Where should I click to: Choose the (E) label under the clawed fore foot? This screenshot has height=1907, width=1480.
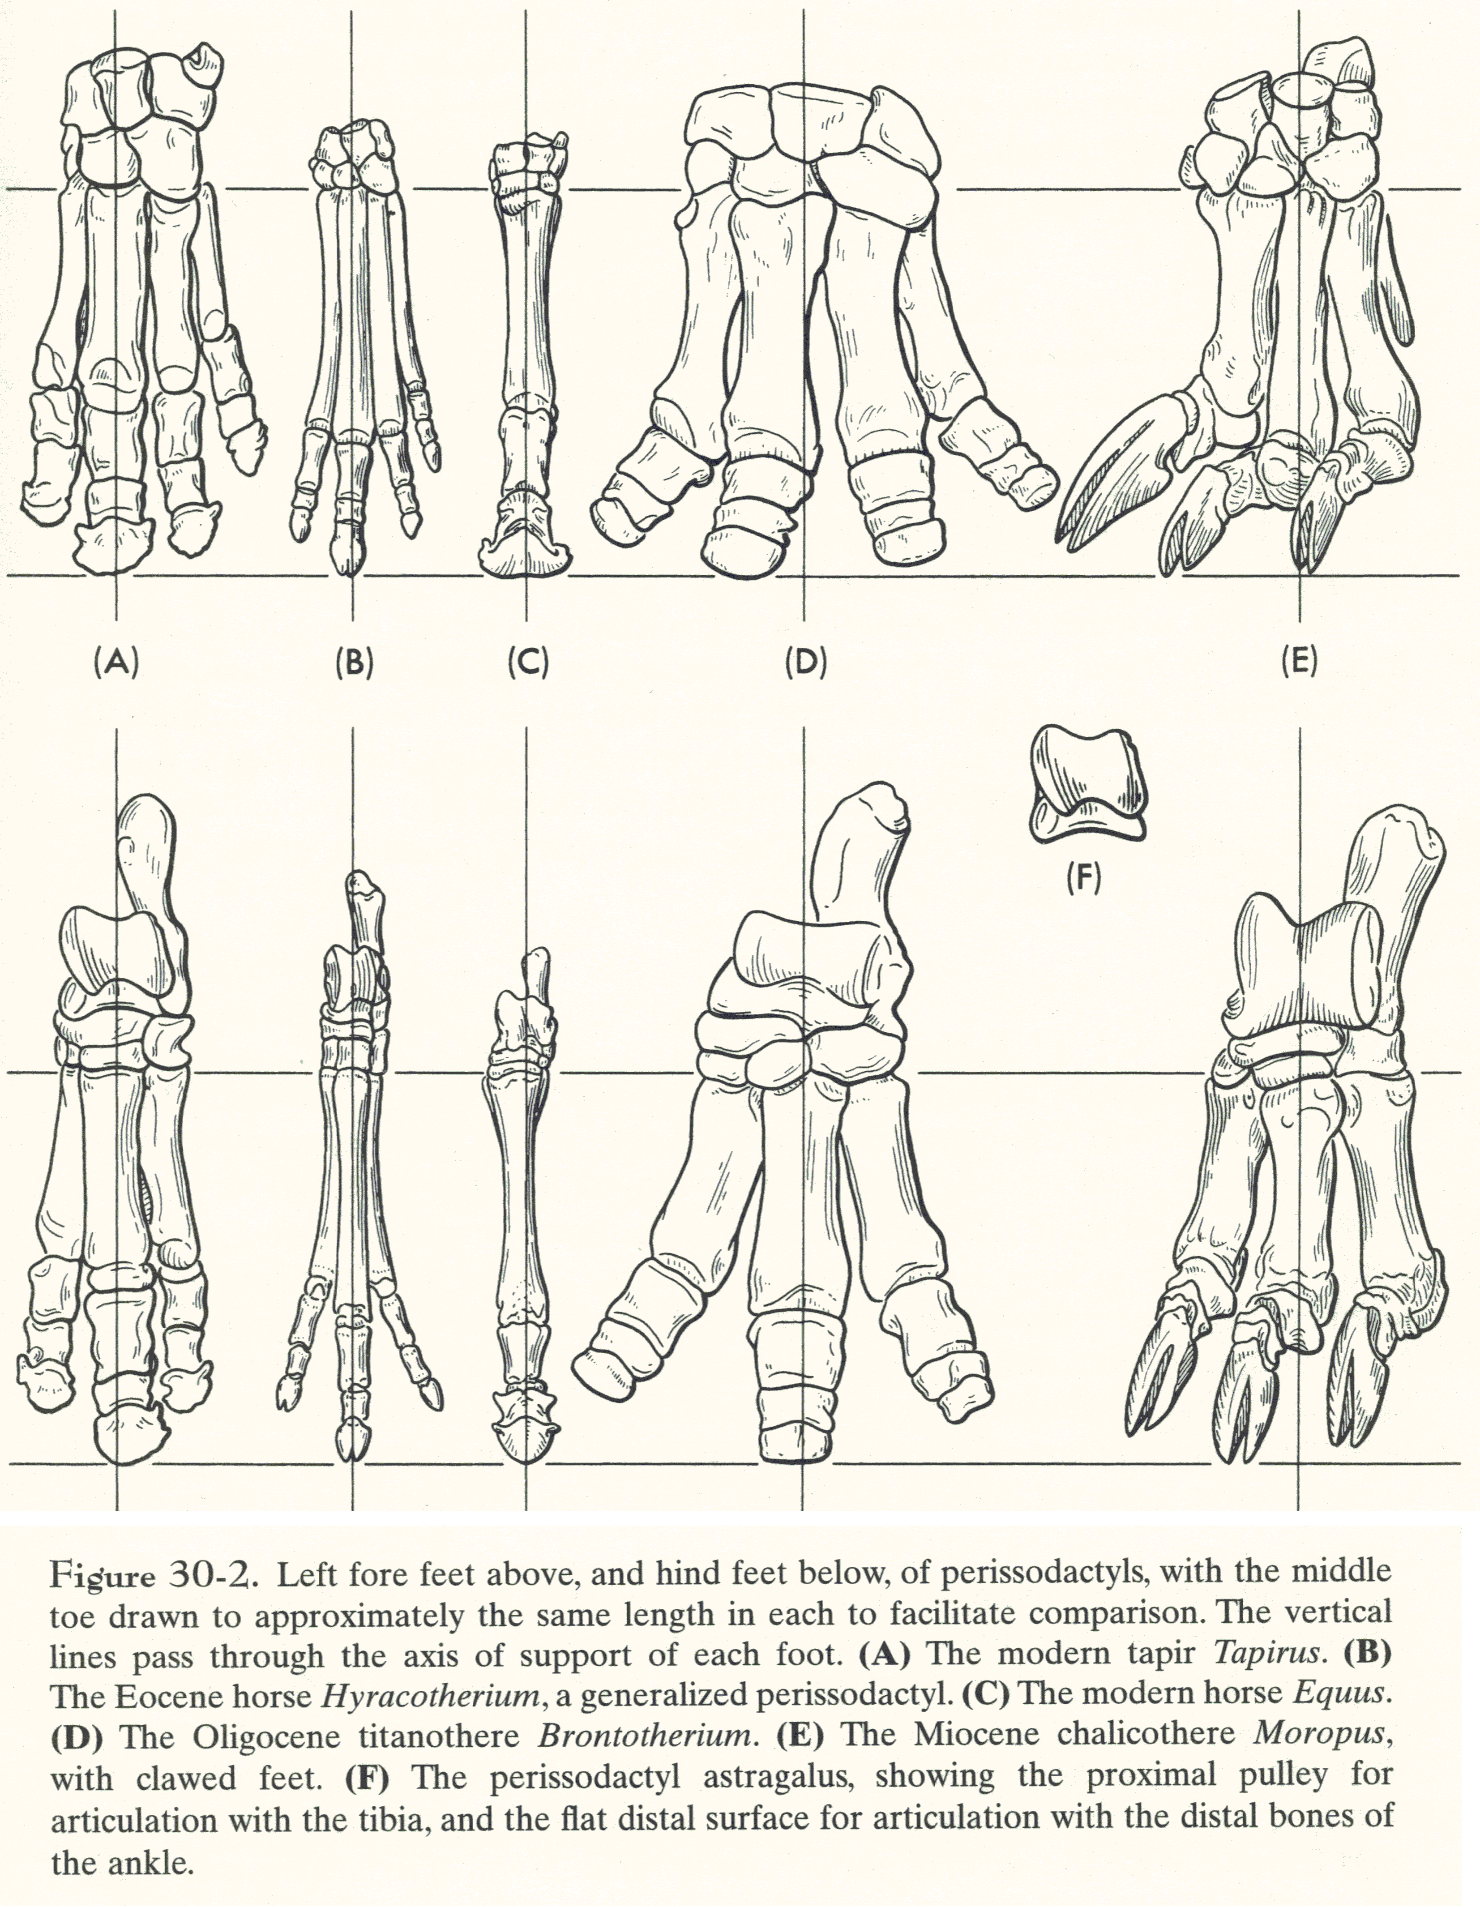pyautogui.click(x=1298, y=663)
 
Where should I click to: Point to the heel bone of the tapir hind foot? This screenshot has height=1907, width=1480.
pyautogui.click(x=147, y=847)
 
